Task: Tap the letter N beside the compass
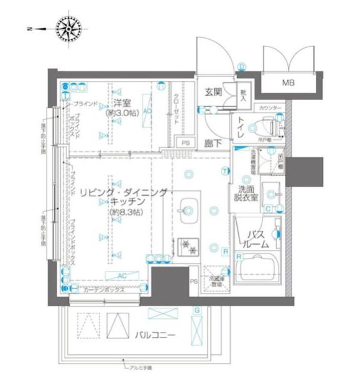(x=30, y=28)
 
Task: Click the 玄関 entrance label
(x=213, y=93)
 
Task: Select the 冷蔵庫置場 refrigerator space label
(x=215, y=277)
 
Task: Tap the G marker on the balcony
(x=196, y=309)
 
